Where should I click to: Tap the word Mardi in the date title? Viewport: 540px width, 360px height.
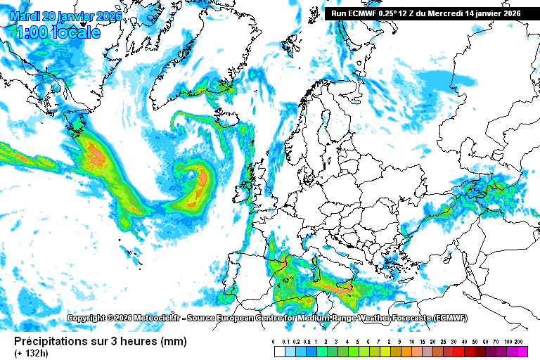(25, 15)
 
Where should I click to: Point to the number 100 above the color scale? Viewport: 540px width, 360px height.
(508, 342)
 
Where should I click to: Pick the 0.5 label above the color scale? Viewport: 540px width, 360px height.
(307, 342)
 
